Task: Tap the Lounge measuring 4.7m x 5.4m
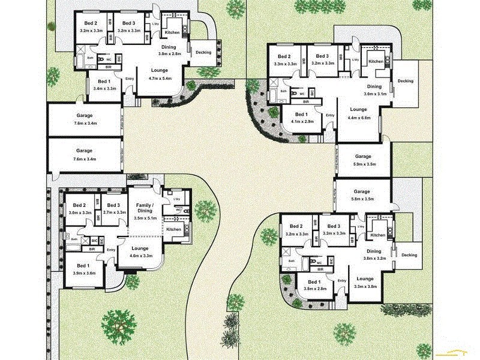[160, 74]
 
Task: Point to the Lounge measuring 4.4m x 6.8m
[358, 113]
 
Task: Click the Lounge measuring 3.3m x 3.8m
[364, 282]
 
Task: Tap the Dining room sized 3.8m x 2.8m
[169, 50]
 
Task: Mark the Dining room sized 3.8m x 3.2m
[374, 254]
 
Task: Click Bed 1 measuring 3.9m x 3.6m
[83, 269]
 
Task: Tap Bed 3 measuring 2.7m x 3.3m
[114, 208]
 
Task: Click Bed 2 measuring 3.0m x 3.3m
[80, 208]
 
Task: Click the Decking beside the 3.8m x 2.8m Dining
[203, 52]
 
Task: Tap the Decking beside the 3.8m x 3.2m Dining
[409, 254]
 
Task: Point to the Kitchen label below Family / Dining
[173, 229]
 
